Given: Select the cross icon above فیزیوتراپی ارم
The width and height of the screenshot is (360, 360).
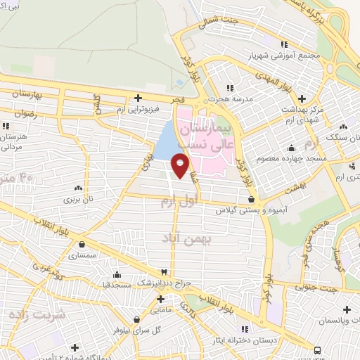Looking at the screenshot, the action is (139, 98).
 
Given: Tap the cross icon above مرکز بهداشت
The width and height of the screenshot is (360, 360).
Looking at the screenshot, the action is (302, 98).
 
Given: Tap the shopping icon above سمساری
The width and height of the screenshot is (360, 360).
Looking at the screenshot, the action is (83, 245).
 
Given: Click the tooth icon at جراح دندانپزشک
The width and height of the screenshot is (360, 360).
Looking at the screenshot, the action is (164, 272).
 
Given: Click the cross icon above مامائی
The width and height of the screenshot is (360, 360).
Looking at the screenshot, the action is (161, 298).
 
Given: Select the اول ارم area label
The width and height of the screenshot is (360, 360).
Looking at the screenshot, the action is (176, 202).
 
